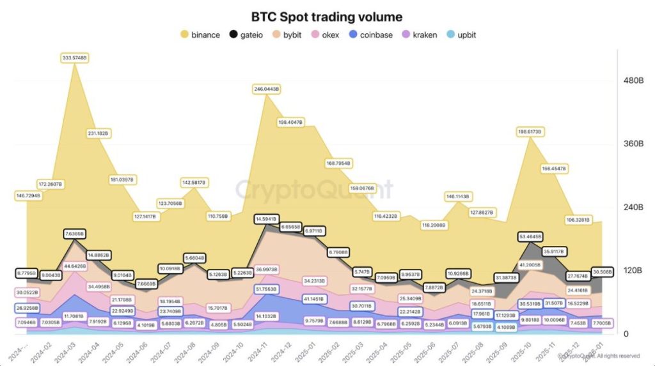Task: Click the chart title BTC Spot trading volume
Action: coord(327,17)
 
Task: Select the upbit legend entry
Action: coord(461,34)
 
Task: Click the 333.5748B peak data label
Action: coord(75,57)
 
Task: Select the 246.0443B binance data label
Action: coord(266,89)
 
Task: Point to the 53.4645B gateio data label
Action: coord(530,236)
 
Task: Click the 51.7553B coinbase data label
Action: coord(266,289)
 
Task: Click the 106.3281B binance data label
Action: coord(579,220)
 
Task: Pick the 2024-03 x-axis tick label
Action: coord(65,351)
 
